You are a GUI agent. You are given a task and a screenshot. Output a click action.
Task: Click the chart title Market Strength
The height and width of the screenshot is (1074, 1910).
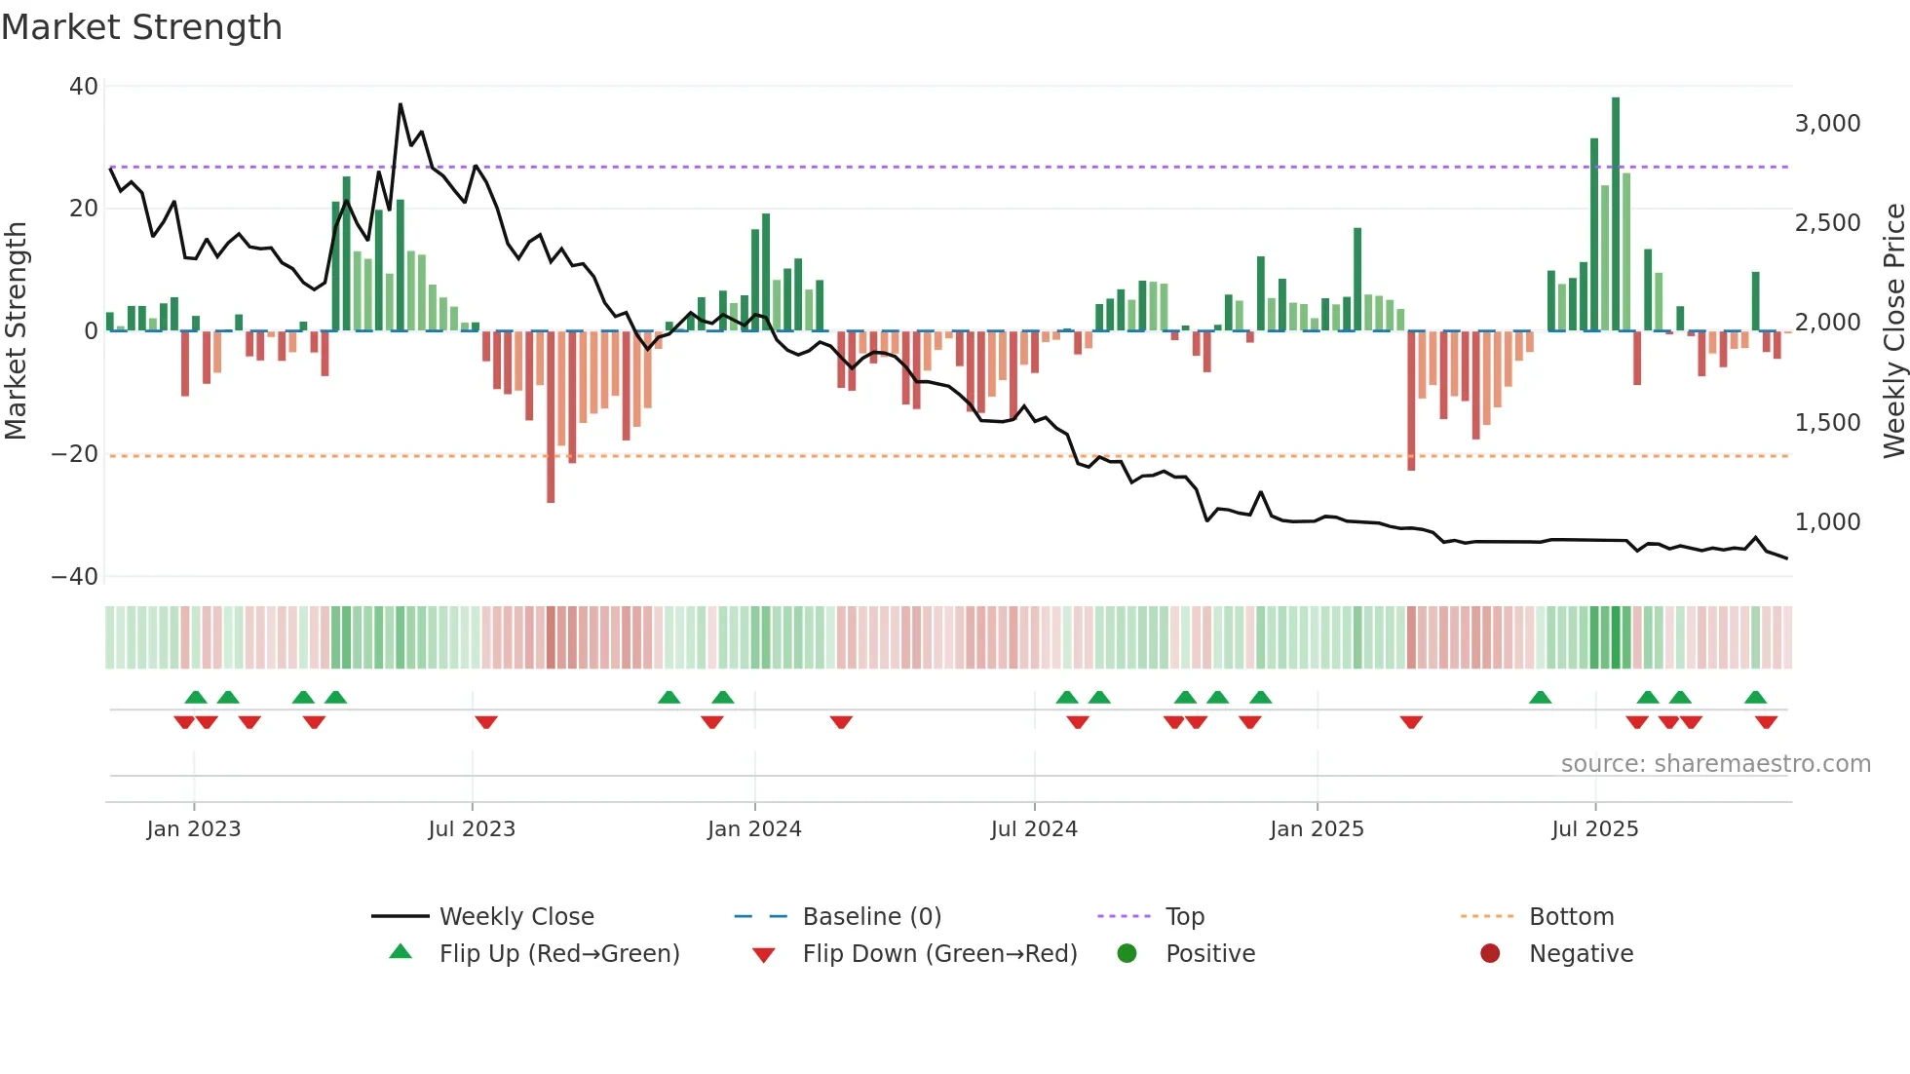pyautogui.click(x=141, y=27)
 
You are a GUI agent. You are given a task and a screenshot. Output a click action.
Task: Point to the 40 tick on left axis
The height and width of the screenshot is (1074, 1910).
pyautogui.click(x=84, y=87)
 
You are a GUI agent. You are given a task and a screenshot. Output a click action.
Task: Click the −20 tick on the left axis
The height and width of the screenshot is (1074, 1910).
pyautogui.click(x=74, y=454)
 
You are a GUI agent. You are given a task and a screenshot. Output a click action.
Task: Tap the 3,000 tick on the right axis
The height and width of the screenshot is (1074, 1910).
pyautogui.click(x=1827, y=124)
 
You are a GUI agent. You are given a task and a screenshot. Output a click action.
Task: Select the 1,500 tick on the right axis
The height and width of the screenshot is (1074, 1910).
pyautogui.click(x=1827, y=423)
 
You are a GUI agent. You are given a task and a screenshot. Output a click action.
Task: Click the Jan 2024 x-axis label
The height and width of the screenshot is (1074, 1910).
pyautogui.click(x=754, y=829)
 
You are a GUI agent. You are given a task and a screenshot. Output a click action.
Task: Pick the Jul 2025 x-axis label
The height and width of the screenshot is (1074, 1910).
pyautogui.click(x=1594, y=829)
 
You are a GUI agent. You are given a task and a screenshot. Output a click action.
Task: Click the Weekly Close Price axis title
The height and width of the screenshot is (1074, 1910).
pyautogui.click(x=1893, y=331)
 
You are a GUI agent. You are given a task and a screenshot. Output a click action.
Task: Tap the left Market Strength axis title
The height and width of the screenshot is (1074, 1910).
pyautogui.click(x=17, y=331)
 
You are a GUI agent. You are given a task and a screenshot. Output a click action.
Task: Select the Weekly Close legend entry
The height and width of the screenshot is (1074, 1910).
pyautogui.click(x=516, y=917)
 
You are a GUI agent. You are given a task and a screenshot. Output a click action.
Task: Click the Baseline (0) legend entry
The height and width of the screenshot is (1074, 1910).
pyautogui.click(x=871, y=917)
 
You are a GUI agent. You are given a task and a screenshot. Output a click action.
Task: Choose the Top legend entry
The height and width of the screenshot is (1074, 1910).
pyautogui.click(x=1184, y=917)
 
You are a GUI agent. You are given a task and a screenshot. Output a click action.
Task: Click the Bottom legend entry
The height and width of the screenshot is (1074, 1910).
pyautogui.click(x=1571, y=917)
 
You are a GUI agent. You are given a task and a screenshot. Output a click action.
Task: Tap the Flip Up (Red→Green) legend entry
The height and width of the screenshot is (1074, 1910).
pyautogui.click(x=558, y=954)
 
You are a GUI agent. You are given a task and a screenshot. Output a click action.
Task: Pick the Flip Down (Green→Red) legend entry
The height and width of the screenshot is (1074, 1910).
pyautogui.click(x=939, y=954)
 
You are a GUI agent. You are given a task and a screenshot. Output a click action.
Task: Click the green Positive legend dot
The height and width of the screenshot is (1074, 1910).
pyautogui.click(x=1127, y=954)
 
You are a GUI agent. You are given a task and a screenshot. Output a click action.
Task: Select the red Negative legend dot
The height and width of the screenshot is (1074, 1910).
pyautogui.click(x=1490, y=954)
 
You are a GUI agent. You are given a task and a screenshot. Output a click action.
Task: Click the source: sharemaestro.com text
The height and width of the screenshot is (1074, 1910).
pyautogui.click(x=1715, y=764)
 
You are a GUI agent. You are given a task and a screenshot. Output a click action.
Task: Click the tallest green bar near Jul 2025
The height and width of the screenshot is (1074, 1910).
pyautogui.click(x=1616, y=214)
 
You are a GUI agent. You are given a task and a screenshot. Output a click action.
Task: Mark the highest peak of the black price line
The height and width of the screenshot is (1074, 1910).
pyautogui.click(x=401, y=104)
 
